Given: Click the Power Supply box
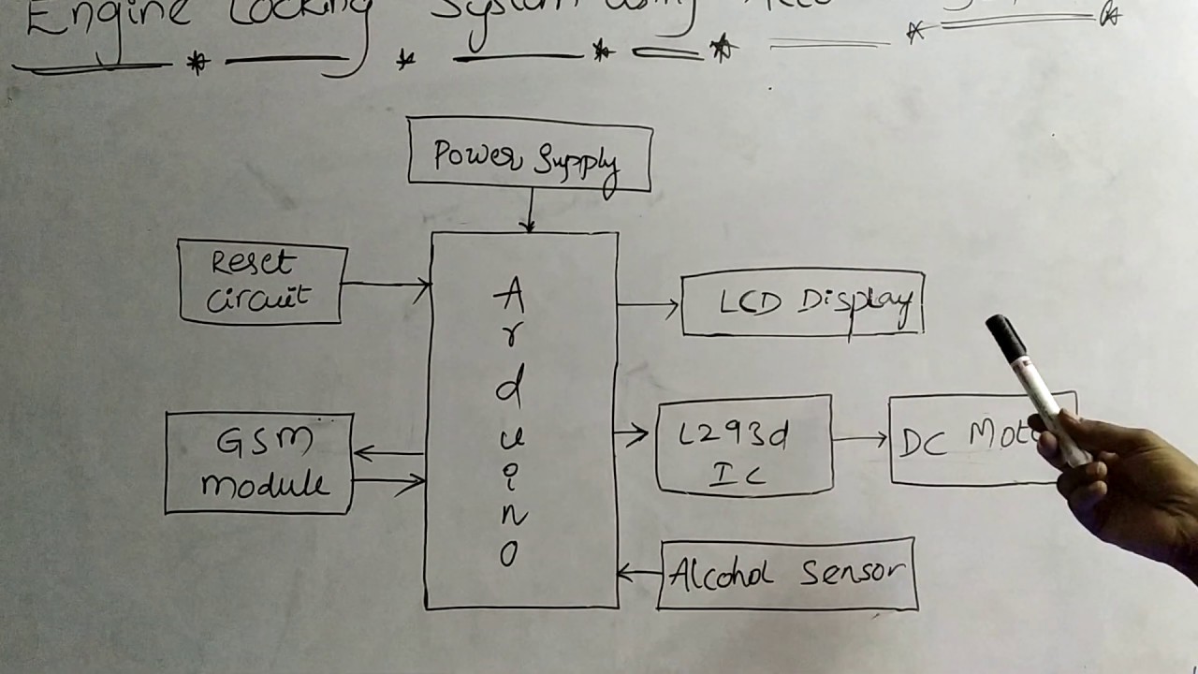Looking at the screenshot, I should (530, 155).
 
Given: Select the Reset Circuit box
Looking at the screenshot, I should (262, 282).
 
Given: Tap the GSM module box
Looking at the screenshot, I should (259, 463).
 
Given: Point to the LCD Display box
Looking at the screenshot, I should (802, 303).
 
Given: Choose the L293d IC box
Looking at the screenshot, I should (744, 446).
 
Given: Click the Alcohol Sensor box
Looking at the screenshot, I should (786, 574).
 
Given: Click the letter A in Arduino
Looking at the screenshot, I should (509, 299).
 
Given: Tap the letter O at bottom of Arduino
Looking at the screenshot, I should (508, 556).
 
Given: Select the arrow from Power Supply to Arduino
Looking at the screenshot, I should (530, 211).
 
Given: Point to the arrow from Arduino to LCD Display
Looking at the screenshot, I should (649, 305).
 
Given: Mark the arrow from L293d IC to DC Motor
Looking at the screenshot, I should (860, 438).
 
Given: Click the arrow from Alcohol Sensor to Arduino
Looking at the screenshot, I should (639, 573).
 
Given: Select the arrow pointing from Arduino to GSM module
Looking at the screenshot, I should (387, 454).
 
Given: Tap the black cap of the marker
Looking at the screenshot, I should (1004, 337).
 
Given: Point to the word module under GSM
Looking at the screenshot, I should (264, 485).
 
